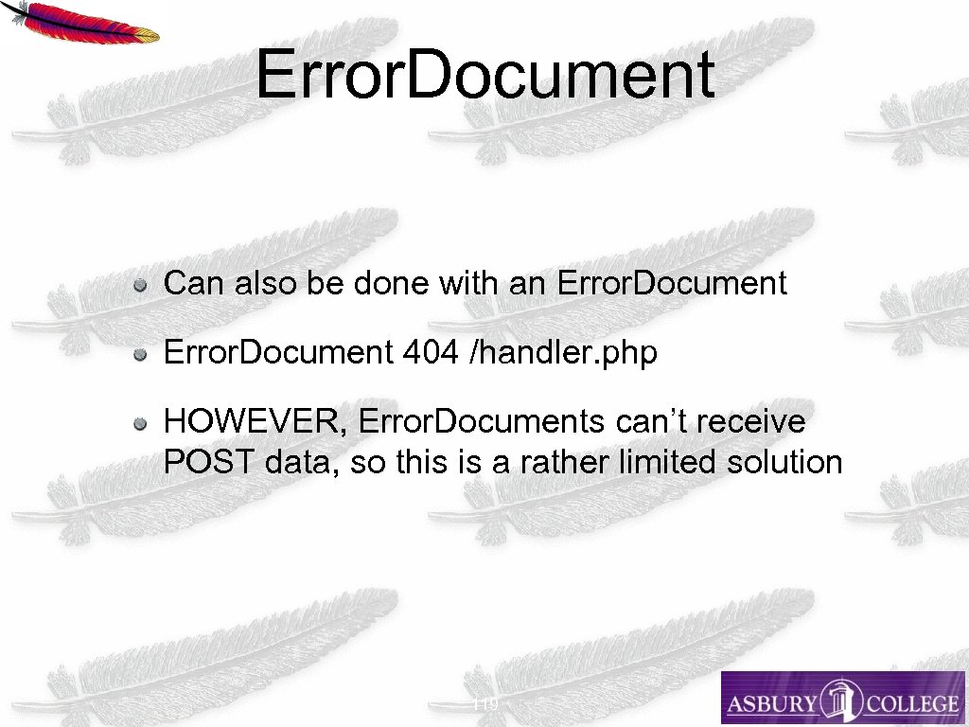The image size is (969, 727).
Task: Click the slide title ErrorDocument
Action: [484, 75]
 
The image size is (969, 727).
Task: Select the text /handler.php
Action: [563, 353]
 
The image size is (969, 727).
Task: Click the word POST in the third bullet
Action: [208, 462]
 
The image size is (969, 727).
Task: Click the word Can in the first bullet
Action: [191, 283]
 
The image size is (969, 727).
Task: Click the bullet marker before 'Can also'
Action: [139, 284]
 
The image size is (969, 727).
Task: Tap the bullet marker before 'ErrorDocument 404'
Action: [139, 354]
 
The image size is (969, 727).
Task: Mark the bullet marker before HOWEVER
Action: [139, 422]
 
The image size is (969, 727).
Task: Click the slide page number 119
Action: [484, 703]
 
